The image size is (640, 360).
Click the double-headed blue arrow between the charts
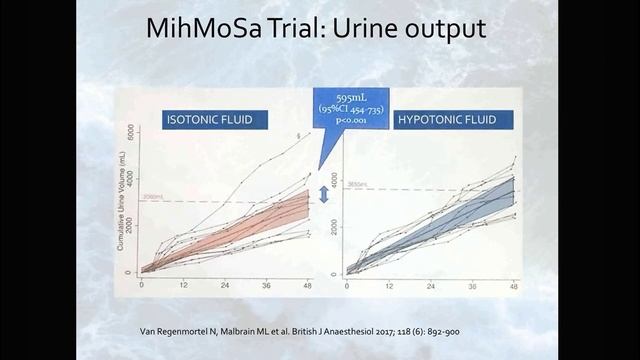pyautogui.click(x=323, y=194)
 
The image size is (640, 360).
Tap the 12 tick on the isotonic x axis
pyautogui.click(x=184, y=285)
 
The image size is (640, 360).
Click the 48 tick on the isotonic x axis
pyautogui.click(x=309, y=285)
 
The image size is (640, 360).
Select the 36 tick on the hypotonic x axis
pyautogui.click(x=472, y=285)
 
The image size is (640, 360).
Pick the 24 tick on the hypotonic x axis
pyautogui.click(x=430, y=285)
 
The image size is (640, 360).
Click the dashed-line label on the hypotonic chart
pyautogui.click(x=357, y=186)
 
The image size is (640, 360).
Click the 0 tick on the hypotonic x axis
pyautogui.click(x=347, y=285)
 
